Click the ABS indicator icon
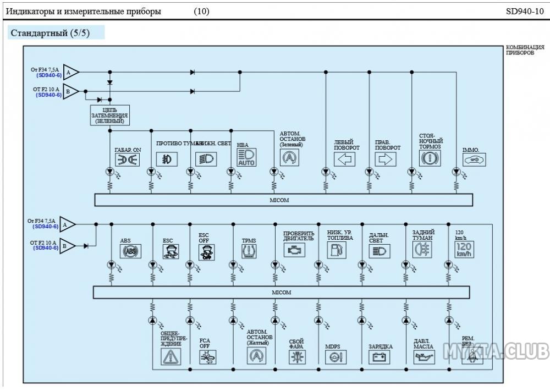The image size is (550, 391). (130, 251)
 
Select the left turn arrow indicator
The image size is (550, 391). (345, 159)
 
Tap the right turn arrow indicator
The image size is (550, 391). (386, 159)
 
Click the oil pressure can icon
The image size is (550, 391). (424, 357)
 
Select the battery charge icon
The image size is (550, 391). (380, 357)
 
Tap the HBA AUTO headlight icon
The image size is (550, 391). (246, 157)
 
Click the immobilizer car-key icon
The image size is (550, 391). (474, 159)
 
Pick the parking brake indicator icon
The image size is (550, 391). (429, 159)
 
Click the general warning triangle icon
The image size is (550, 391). (170, 356)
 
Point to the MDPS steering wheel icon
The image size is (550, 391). (335, 357)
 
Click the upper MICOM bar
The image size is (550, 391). (283, 200)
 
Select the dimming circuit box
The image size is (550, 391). (110, 115)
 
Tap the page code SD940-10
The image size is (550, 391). (525, 11)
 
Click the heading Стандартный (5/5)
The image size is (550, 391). (50, 33)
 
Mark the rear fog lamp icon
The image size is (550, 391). (423, 250)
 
